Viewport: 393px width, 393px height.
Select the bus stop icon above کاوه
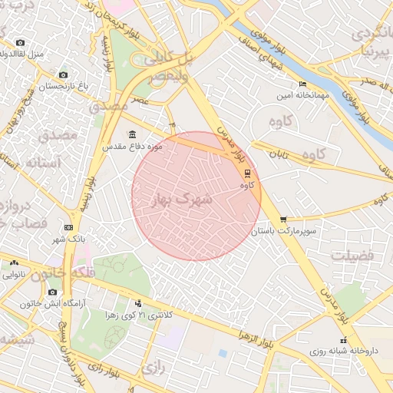246,173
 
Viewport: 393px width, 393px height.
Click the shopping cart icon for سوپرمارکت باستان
283,219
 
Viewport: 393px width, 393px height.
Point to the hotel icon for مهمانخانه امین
302,84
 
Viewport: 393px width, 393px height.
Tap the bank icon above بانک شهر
68,227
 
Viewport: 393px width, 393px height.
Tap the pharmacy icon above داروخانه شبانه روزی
343,340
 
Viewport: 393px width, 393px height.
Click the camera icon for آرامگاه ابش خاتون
52,292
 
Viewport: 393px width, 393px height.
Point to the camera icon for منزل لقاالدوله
20,42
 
